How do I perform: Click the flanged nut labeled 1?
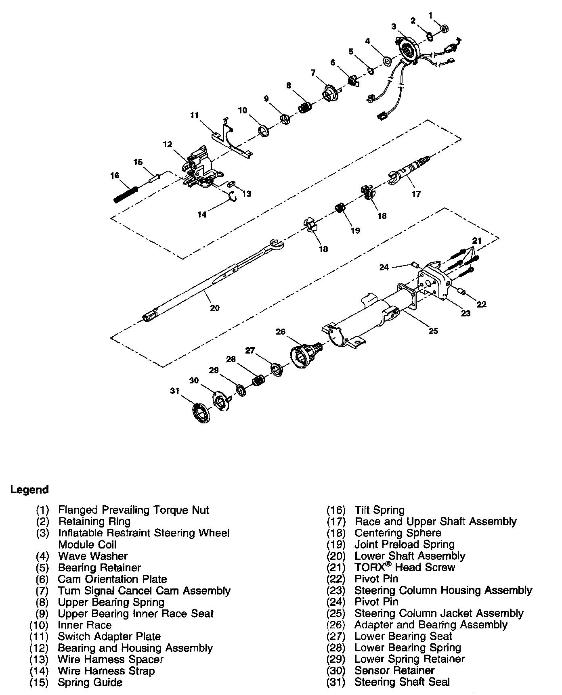pos(442,29)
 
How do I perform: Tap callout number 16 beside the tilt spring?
pos(115,176)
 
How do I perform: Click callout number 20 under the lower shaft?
pos(215,308)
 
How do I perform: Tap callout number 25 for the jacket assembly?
pos(433,331)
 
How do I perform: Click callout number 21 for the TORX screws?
pos(477,241)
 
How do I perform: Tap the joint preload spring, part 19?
pos(340,208)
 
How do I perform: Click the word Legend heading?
pos(29,490)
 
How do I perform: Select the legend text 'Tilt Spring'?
pos(379,510)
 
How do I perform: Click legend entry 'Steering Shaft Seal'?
pos(402,682)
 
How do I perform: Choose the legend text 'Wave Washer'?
pos(93,556)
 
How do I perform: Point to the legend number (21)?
pos(336,567)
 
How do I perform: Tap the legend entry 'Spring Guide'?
pos(90,682)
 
